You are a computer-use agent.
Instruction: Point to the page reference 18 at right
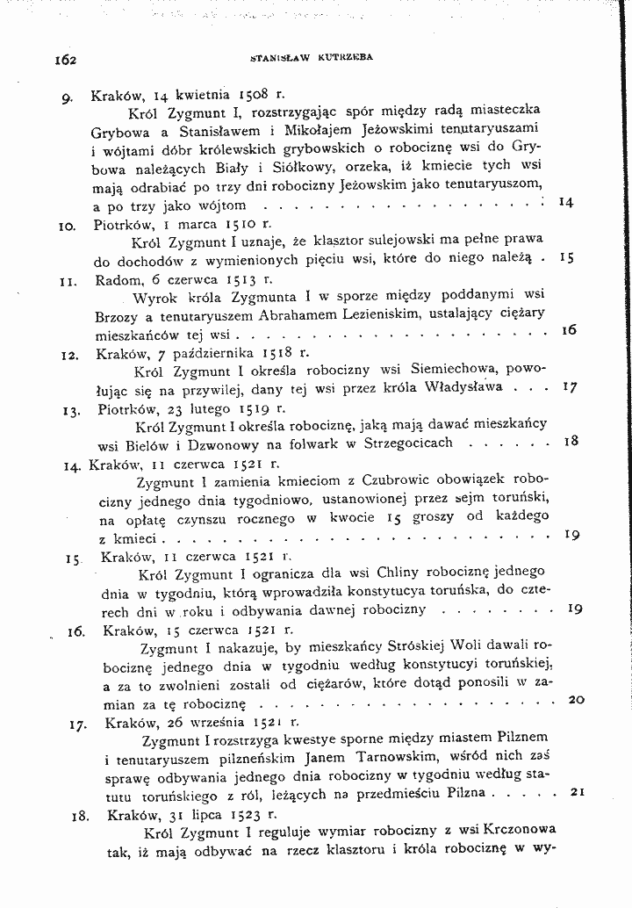point(570,442)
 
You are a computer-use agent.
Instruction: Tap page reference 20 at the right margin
point(576,700)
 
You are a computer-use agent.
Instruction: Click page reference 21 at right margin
point(577,791)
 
